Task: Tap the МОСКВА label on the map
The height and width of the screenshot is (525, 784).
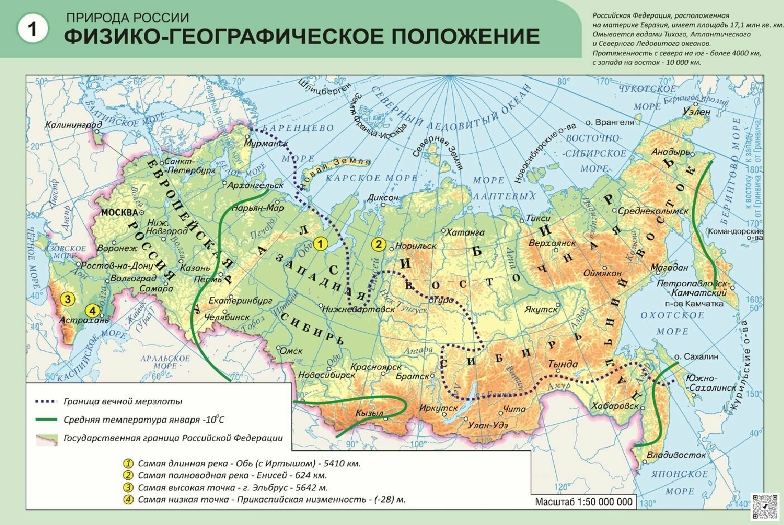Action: click(119, 212)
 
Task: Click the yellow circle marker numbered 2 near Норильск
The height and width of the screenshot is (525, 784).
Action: click(379, 244)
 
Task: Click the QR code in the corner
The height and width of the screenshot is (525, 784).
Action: click(765, 507)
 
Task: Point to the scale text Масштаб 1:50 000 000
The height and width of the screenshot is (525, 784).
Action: click(584, 502)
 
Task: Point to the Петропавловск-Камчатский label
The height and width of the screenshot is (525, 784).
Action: click(692, 288)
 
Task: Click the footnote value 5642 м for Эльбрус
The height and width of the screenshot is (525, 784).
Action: click(303, 488)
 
